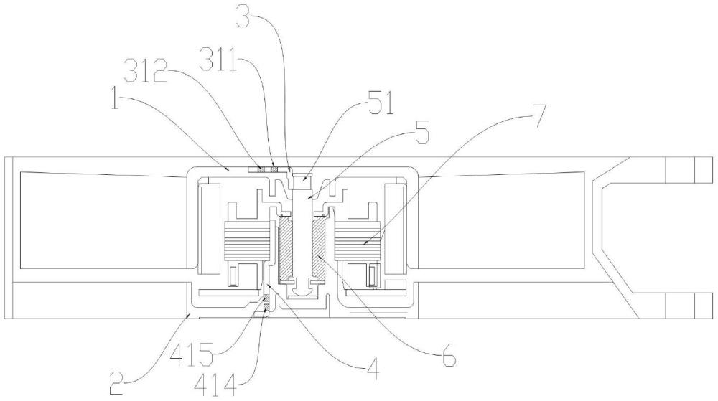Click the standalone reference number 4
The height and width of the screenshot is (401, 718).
click(372, 370)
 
